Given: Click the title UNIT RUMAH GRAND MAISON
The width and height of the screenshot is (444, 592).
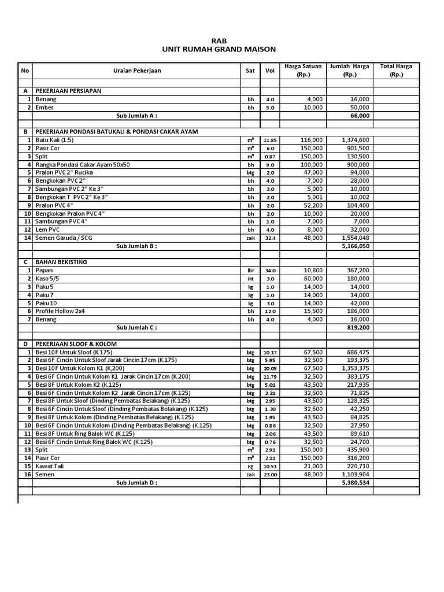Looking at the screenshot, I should [221, 49].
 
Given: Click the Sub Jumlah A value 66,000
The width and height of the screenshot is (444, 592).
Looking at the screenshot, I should [360, 116].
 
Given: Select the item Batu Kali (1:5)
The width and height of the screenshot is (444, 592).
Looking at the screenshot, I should [55, 140].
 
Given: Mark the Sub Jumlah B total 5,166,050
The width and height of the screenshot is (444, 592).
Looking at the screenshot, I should [356, 246].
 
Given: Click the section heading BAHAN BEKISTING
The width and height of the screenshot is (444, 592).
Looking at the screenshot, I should [61, 262].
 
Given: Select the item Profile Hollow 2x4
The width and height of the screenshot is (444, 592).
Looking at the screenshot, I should [60, 310].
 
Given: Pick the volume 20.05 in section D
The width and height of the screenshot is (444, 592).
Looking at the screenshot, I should [269, 368].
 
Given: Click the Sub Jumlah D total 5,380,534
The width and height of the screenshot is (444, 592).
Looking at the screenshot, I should [356, 482].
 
